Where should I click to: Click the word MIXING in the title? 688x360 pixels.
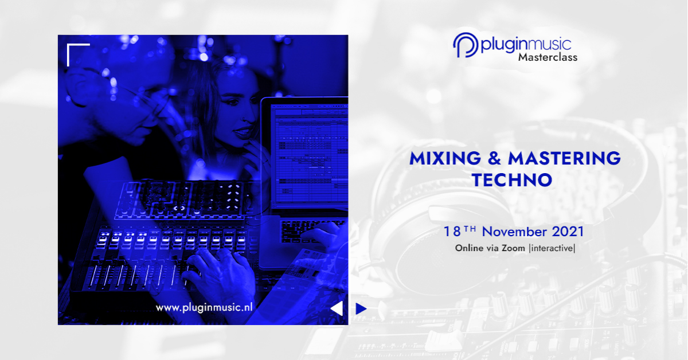445,158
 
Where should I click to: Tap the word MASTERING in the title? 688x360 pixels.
565,158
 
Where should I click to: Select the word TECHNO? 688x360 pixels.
513,180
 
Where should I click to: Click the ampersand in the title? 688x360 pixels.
494,158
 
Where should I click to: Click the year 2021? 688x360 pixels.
568,232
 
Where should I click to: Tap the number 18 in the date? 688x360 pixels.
452,232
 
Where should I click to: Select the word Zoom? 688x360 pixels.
513,248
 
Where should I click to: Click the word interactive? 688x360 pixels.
552,248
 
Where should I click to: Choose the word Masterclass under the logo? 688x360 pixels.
548,57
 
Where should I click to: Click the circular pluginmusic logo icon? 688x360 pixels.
466,45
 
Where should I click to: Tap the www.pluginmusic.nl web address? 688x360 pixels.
204,307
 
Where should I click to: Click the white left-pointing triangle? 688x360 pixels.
337,308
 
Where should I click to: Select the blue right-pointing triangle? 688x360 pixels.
361,309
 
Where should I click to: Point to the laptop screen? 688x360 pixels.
310,155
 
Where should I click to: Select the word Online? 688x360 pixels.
470,248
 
